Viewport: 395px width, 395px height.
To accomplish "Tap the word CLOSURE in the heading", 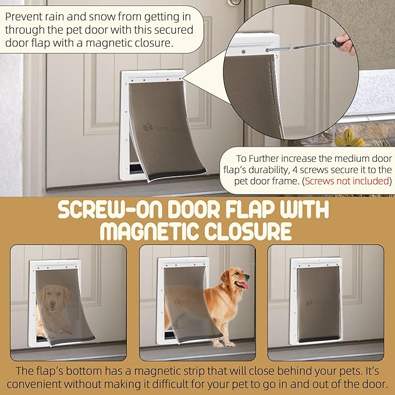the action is click(248, 232).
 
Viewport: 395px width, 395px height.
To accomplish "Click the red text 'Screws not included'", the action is click(347, 181).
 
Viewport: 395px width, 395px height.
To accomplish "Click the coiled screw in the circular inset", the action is click(279, 49).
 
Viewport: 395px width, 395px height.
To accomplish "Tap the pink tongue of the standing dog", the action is click(244, 285).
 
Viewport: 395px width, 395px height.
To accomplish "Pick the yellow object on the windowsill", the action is click(349, 138).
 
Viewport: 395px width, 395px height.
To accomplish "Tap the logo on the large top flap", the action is click(162, 128).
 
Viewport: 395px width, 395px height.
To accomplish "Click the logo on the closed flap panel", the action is click(317, 303).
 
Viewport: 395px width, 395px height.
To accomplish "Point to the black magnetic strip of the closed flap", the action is click(318, 339).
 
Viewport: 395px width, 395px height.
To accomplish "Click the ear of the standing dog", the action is click(225, 276).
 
